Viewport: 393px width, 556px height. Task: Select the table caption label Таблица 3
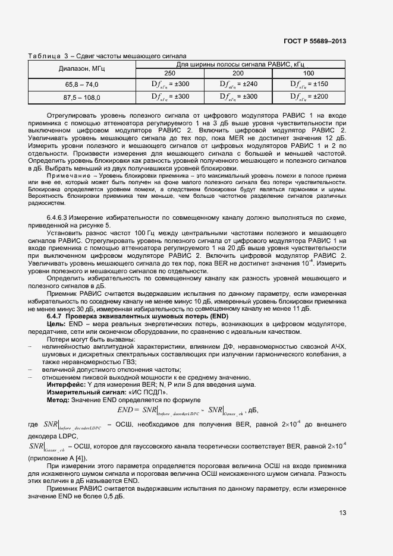click(x=48, y=56)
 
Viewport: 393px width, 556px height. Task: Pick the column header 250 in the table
click(x=170, y=72)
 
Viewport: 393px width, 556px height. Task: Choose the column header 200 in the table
click(x=238, y=72)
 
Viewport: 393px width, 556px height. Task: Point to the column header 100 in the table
click(x=309, y=72)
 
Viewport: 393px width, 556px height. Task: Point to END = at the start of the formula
click(x=128, y=409)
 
